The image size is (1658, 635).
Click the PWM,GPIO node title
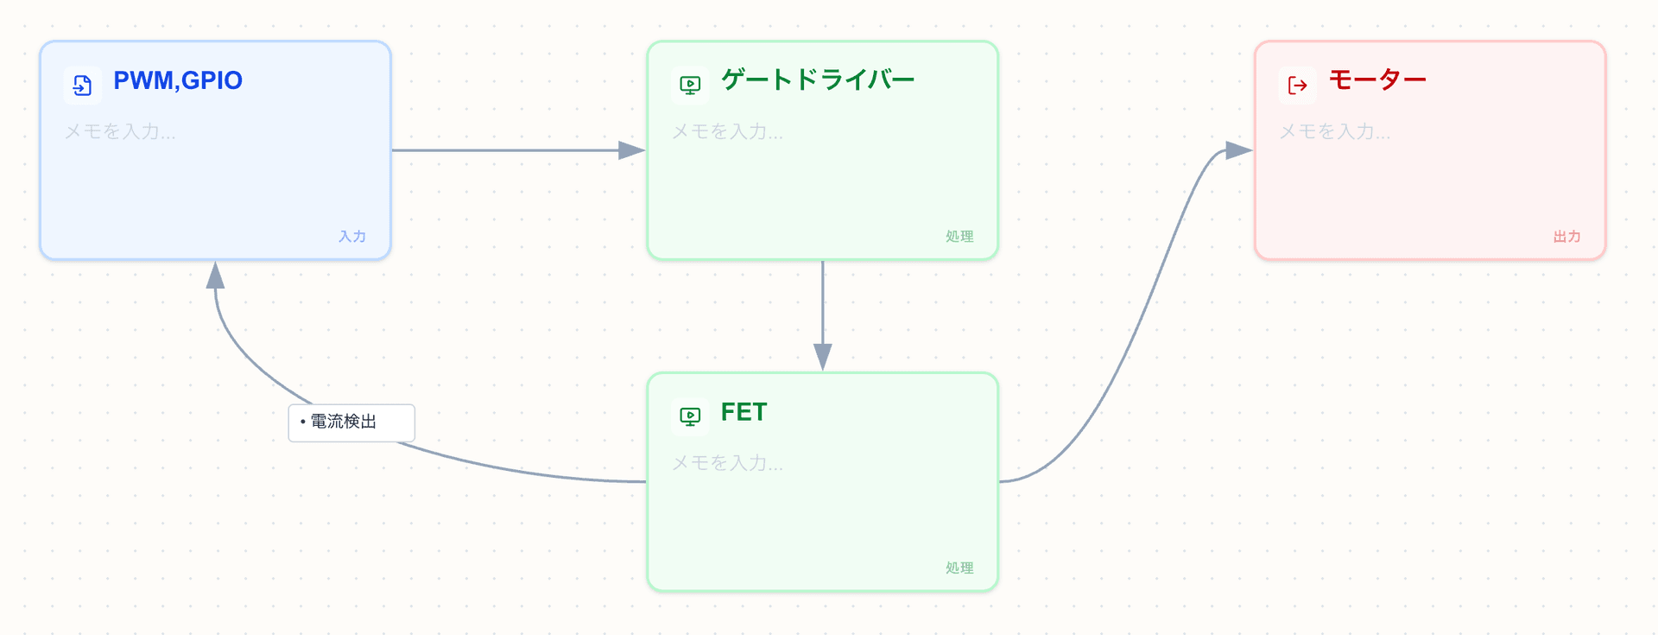tap(178, 80)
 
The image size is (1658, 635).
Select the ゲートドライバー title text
tap(818, 80)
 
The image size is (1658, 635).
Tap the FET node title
tap(744, 412)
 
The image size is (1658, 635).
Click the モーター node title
tap(1377, 80)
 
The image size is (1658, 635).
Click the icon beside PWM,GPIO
tap(83, 85)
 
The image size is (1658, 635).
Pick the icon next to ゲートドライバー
tap(690, 85)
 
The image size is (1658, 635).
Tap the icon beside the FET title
tap(690, 416)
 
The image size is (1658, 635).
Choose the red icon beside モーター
tap(1297, 85)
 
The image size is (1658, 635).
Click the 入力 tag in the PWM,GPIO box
tap(352, 236)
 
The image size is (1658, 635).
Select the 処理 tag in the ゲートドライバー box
tap(959, 236)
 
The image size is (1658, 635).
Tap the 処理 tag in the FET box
tap(959, 568)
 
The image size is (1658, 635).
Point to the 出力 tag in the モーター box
tap(1566, 236)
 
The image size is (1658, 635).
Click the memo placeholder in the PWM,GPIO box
tap(120, 131)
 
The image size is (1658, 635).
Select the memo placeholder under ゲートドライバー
tap(728, 131)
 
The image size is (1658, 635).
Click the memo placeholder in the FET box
tap(728, 463)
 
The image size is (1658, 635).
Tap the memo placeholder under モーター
tap(1335, 131)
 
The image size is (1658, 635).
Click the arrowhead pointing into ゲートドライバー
tap(632, 150)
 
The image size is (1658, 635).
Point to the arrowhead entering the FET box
tap(823, 356)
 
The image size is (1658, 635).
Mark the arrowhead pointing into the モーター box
tap(1238, 150)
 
